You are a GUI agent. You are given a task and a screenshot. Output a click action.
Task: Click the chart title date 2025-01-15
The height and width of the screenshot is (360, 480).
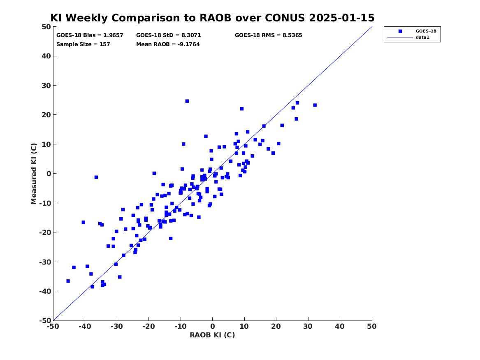pos(342,18)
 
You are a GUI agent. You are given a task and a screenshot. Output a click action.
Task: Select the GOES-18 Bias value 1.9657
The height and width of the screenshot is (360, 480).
pos(113,35)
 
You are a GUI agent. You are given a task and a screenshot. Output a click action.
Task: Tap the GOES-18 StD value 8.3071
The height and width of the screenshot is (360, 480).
pos(190,35)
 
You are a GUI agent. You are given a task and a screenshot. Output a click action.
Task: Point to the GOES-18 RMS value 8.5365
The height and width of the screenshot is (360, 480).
pos(292,35)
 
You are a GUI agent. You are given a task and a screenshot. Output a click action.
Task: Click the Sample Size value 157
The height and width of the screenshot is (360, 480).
pos(105,44)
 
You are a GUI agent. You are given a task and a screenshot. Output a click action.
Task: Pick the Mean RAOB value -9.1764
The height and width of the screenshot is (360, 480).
pos(188,44)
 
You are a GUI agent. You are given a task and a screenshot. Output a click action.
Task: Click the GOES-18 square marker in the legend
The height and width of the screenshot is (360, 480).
pos(400,31)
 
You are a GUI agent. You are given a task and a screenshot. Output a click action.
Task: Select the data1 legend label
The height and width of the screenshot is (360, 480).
pos(422,37)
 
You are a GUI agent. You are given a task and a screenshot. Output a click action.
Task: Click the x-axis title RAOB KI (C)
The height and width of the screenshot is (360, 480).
pos(212,335)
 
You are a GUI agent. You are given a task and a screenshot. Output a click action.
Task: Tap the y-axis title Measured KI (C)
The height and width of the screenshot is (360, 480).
pos(34,174)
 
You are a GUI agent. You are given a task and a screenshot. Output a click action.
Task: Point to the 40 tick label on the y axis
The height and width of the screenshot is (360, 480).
pos(46,56)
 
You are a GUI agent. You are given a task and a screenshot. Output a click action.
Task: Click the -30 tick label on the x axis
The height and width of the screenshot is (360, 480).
pos(117,326)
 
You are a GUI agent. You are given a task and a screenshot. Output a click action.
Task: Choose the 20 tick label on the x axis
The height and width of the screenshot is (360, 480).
pos(276,326)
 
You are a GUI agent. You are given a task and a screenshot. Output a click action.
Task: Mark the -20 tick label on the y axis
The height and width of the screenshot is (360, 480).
pos(45,232)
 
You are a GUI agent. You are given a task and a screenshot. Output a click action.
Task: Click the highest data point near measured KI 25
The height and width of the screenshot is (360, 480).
pos(187,101)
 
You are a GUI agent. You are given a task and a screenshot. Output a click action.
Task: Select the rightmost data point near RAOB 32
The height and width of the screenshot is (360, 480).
pos(315,105)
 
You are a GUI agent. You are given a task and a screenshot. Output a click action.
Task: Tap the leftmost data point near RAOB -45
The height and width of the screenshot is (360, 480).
pos(68,281)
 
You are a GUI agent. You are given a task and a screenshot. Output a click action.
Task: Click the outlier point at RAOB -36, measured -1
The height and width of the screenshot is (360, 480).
pos(96,177)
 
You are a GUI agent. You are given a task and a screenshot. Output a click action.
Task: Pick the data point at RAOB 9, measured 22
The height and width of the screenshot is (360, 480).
pos(242,109)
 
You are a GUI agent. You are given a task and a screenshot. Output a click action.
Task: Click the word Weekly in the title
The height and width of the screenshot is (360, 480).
pos(87,18)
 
